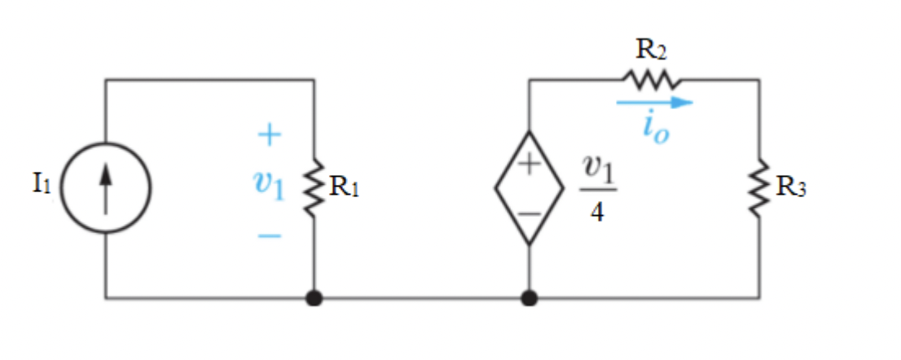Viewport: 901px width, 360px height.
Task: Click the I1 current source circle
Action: pos(105,187)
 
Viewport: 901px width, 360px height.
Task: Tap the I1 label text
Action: pos(42,186)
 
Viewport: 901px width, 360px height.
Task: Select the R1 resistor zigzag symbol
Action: pos(314,188)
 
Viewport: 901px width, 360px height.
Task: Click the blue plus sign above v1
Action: pos(269,134)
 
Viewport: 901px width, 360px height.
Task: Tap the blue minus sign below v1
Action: pos(270,236)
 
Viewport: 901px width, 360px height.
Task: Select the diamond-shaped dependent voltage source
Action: pos(529,187)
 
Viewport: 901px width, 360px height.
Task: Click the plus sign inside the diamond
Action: pos(529,165)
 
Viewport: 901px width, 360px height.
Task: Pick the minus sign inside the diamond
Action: pos(529,213)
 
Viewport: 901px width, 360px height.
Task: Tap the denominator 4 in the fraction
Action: pos(597,213)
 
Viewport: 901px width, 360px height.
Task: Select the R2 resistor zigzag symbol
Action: pos(650,80)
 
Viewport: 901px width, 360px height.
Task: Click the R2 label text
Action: pos(650,50)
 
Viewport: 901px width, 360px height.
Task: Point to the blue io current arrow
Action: pos(654,103)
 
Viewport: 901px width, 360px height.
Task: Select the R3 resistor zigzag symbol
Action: pos(759,188)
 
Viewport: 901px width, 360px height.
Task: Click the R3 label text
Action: pos(791,187)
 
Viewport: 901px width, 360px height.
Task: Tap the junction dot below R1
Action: pos(314,299)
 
